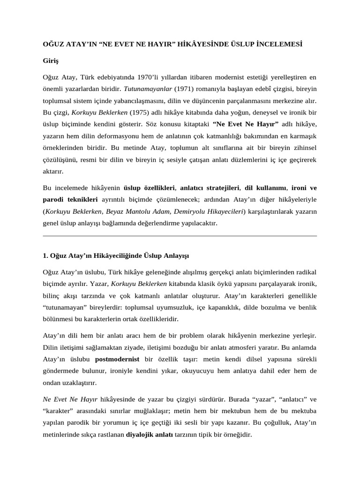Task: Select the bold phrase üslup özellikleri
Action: [149, 187]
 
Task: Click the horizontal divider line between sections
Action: [180, 236]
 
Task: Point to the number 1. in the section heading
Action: [45, 256]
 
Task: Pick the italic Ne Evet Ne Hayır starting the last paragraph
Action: [70, 399]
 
